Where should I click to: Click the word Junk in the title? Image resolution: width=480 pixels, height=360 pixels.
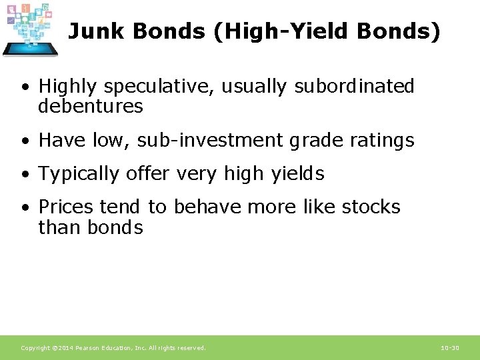coord(94,31)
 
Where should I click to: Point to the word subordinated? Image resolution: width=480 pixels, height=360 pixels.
coord(354,87)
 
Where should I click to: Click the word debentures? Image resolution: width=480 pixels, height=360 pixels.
coord(91,106)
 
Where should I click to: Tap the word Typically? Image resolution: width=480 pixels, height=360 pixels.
coord(79,174)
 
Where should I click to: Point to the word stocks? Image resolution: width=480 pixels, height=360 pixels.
coord(371,207)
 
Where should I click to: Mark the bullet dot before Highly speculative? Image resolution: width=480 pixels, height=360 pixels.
coord(25,88)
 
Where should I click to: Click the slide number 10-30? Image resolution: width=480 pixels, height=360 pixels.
coord(449,348)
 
